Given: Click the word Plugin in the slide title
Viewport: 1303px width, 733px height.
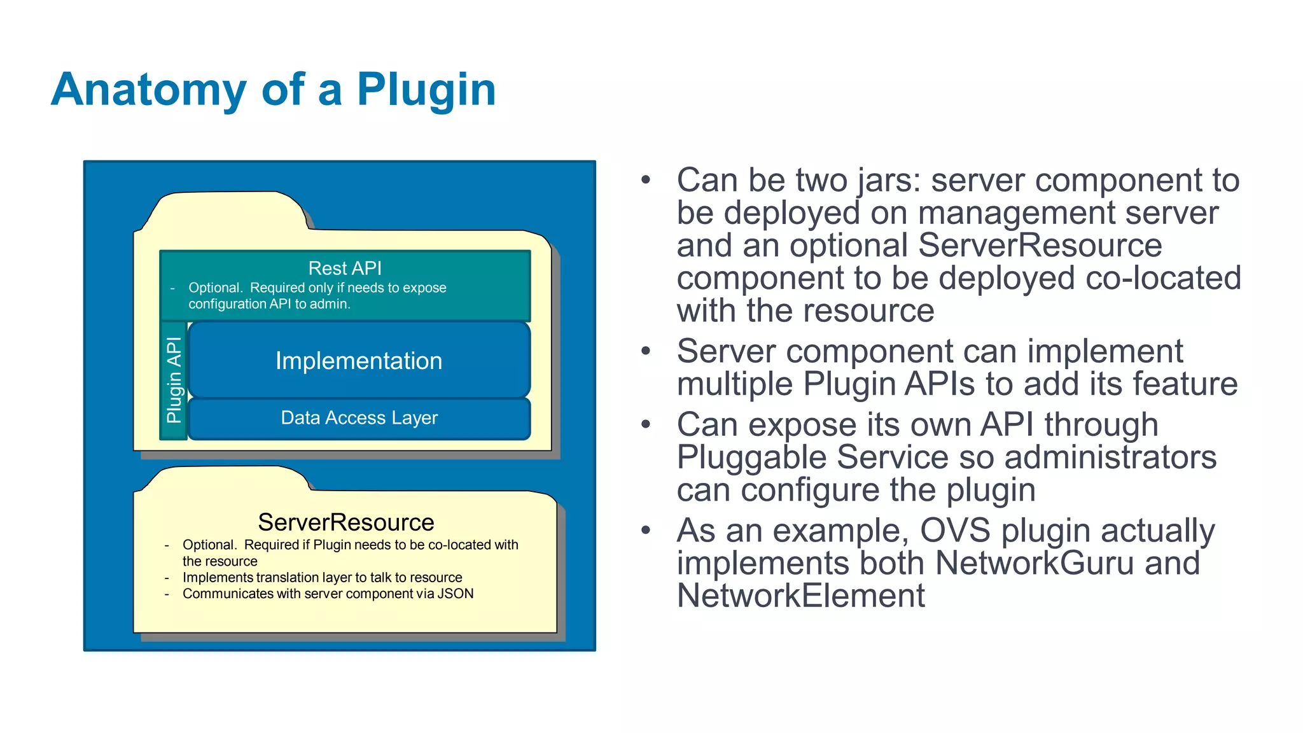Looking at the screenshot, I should (x=426, y=90).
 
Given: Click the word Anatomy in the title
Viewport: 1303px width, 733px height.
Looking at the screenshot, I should (x=148, y=90).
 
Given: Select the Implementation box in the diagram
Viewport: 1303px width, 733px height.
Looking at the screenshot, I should (x=359, y=361).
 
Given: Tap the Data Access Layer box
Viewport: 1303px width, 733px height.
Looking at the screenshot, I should (x=359, y=418).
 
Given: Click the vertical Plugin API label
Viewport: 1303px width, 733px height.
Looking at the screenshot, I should (x=174, y=380).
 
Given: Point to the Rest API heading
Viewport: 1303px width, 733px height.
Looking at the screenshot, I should (x=345, y=268).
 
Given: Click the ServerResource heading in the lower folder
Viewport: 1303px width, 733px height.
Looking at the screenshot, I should (x=345, y=522).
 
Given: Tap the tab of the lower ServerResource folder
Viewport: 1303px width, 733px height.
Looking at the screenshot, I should (x=223, y=478).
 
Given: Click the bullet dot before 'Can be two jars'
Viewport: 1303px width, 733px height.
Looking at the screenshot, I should (x=646, y=180).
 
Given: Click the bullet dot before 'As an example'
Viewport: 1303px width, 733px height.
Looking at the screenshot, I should (x=646, y=530).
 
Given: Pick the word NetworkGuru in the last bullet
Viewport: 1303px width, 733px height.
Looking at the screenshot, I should (x=1035, y=563).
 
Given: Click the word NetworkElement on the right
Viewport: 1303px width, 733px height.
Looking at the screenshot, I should (x=800, y=596).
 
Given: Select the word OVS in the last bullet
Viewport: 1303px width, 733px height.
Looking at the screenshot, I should (x=955, y=530).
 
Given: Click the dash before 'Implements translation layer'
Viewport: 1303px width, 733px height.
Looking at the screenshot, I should (x=167, y=578).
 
